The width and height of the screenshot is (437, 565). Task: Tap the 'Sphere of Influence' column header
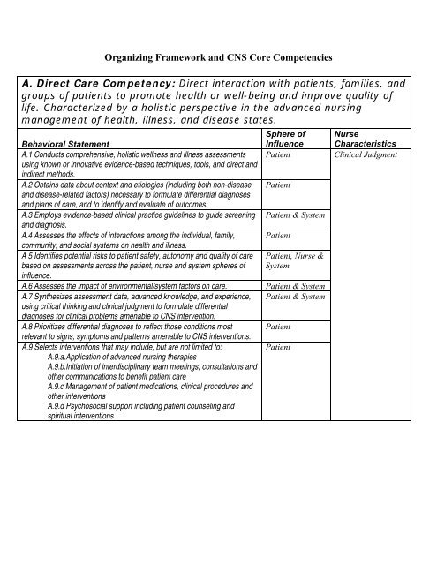tap(284, 138)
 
